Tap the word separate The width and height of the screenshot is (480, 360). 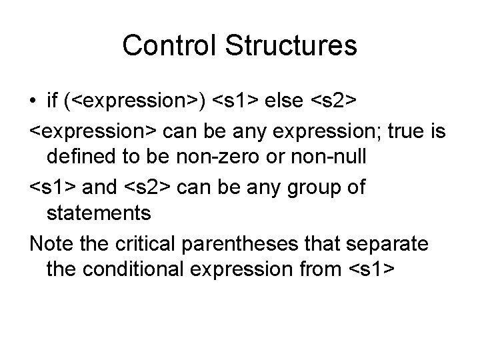point(400,243)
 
